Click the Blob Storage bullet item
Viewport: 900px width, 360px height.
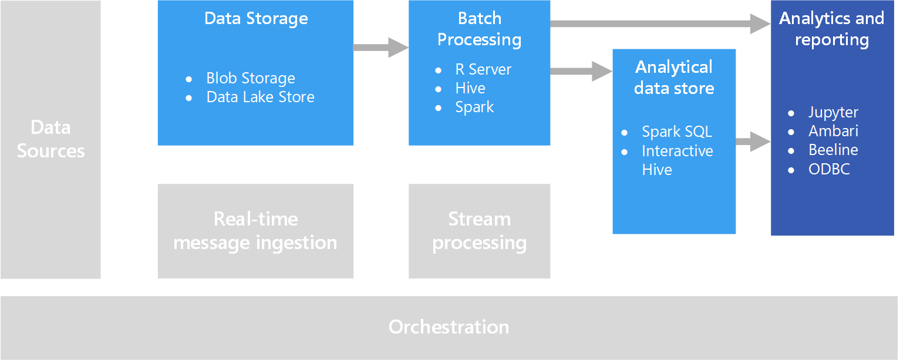coord(251,78)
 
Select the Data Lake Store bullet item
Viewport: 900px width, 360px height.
coord(260,97)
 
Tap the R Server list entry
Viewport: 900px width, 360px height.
coord(483,69)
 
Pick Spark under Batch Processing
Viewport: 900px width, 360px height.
coord(474,107)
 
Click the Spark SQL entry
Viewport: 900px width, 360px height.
coord(677,132)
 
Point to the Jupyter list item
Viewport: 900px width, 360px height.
coord(833,113)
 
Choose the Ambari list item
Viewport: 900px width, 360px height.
coord(833,131)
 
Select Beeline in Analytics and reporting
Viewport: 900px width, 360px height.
coord(833,150)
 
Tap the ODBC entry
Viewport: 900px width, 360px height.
coord(829,169)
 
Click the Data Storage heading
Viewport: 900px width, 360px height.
coord(256,18)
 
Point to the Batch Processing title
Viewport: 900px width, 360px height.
coord(479,29)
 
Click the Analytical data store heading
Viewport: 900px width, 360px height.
coord(674,78)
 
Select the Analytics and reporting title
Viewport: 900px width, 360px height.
coord(832,29)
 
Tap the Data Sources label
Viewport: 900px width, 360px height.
coord(50,139)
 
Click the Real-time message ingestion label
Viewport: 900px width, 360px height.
coord(255,231)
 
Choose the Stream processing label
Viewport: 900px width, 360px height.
coord(479,231)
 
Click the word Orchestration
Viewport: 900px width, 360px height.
coord(449,327)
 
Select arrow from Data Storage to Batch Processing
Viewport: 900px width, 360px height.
coord(381,48)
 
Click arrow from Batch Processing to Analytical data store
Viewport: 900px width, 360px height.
coord(581,71)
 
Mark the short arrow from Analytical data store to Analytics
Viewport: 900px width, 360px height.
coord(753,142)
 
